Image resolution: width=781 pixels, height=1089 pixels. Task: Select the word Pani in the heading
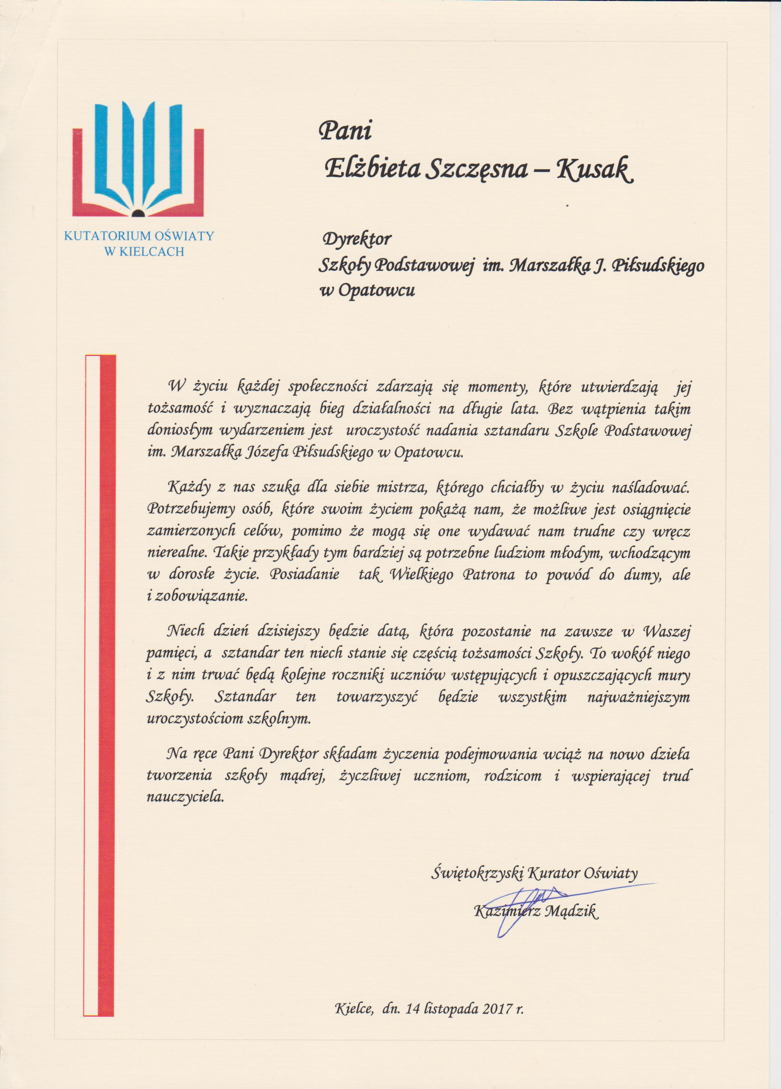(x=345, y=131)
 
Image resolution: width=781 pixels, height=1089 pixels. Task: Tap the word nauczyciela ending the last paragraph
(x=185, y=797)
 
